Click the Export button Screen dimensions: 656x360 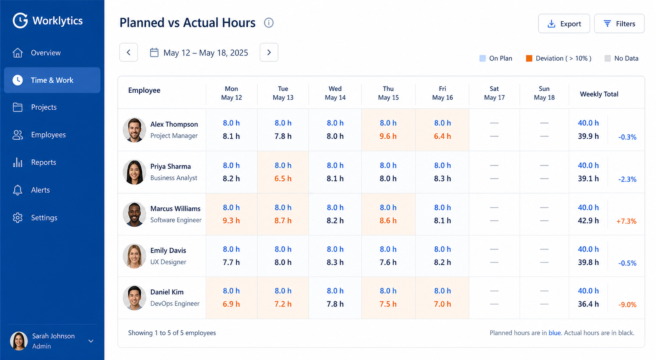(x=564, y=23)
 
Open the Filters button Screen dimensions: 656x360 (x=619, y=23)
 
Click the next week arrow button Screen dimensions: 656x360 (x=269, y=52)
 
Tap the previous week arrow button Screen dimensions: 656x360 (x=129, y=52)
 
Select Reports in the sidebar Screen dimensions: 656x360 (x=44, y=162)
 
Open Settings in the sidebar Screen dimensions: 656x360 (x=44, y=218)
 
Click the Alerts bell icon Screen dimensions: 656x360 (x=17, y=190)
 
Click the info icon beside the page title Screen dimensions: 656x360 (x=269, y=23)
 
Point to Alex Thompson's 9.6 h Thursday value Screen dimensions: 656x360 (x=388, y=136)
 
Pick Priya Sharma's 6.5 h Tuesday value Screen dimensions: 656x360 (x=283, y=179)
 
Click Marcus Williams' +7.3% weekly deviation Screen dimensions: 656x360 (x=626, y=221)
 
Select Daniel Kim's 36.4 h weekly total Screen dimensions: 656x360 (x=588, y=304)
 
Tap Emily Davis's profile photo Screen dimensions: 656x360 (x=134, y=256)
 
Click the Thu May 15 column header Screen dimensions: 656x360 (x=388, y=93)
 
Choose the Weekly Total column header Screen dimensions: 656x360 (x=599, y=94)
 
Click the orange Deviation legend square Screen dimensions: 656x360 (x=529, y=58)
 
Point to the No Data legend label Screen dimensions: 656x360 (x=626, y=58)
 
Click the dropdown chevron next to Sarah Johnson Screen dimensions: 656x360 (x=91, y=341)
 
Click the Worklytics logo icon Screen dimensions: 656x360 (x=20, y=21)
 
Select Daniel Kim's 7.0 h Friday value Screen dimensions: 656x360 (x=442, y=304)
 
